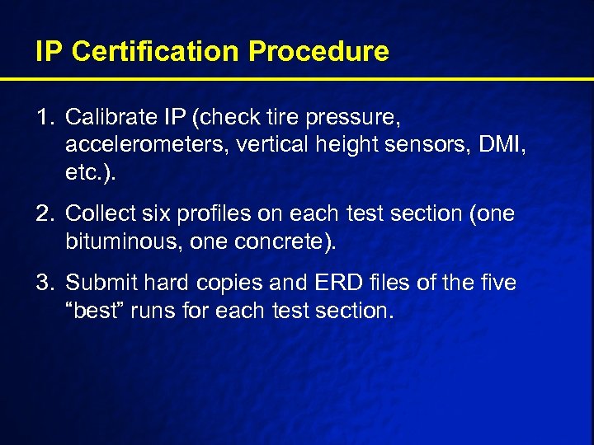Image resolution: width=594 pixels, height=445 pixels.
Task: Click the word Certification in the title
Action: pyautogui.click(x=157, y=51)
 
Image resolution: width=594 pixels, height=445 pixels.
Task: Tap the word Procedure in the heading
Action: pyautogui.click(x=318, y=51)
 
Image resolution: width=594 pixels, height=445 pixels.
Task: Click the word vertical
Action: pyautogui.click(x=270, y=146)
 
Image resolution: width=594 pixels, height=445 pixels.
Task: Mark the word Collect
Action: pyautogui.click(x=97, y=213)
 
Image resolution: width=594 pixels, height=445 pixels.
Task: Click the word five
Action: pyautogui.click(x=495, y=283)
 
